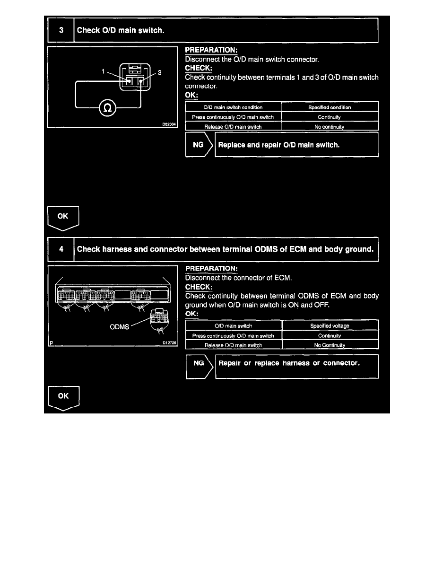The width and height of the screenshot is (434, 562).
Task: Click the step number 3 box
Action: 61,30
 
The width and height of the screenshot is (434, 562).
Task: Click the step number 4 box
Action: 61,248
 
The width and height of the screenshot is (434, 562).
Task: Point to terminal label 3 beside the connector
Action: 160,73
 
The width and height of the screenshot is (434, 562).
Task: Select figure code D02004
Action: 168,125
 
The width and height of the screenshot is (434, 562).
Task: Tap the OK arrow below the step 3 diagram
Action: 63,218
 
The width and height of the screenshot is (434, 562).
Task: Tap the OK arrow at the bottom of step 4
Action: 63,397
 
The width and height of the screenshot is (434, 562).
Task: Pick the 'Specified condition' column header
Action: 330,107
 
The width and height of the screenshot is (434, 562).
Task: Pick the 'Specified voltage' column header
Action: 330,326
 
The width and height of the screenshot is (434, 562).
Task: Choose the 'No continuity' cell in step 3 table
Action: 330,127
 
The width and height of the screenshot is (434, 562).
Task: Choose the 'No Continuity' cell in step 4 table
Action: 330,345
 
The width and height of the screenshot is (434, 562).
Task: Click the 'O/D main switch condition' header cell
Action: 233,107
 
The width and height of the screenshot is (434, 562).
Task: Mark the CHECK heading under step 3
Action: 199,68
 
